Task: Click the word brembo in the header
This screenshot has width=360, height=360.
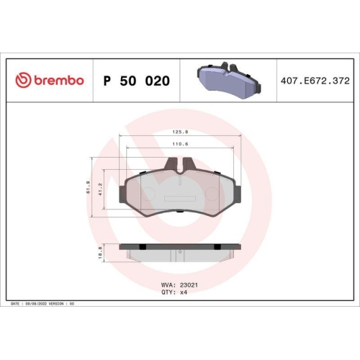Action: [58, 80]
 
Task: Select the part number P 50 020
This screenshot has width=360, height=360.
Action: [137, 81]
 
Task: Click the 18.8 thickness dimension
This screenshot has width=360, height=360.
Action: [101, 252]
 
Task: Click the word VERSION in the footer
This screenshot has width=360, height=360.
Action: [56, 305]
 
